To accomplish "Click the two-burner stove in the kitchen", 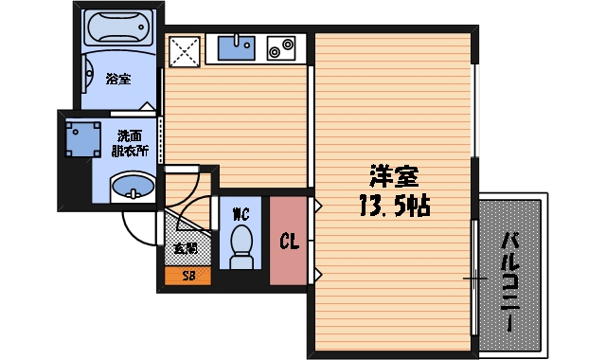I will tap(281, 46).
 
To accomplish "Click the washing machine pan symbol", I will tap(82, 139).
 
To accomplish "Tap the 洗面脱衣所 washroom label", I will tap(130, 143).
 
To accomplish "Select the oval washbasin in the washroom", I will tap(132, 188).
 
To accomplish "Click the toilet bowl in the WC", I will tap(241, 244).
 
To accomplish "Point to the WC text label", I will tap(241, 213).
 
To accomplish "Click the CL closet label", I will tap(288, 242).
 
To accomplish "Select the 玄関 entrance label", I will tap(186, 250).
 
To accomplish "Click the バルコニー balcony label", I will tap(508, 279).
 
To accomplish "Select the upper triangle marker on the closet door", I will tap(319, 203).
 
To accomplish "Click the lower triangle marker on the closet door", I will tap(319, 276).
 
